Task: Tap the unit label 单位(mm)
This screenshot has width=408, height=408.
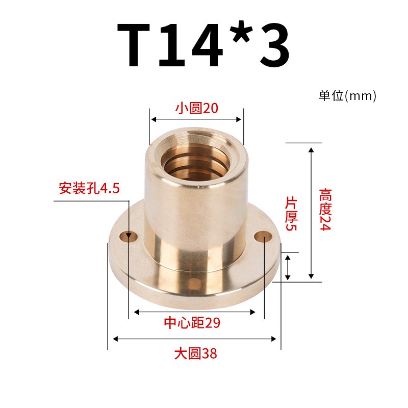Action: point(347,95)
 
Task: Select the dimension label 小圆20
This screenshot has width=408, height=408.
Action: point(196,108)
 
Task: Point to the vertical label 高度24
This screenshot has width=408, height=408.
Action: point(325,210)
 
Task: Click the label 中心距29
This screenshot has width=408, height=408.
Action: point(194,323)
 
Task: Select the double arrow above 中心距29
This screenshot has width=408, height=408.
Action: point(194,312)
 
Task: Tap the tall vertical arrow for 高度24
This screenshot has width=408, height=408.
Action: point(311,212)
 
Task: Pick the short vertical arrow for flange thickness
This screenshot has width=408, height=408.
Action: point(288,267)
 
